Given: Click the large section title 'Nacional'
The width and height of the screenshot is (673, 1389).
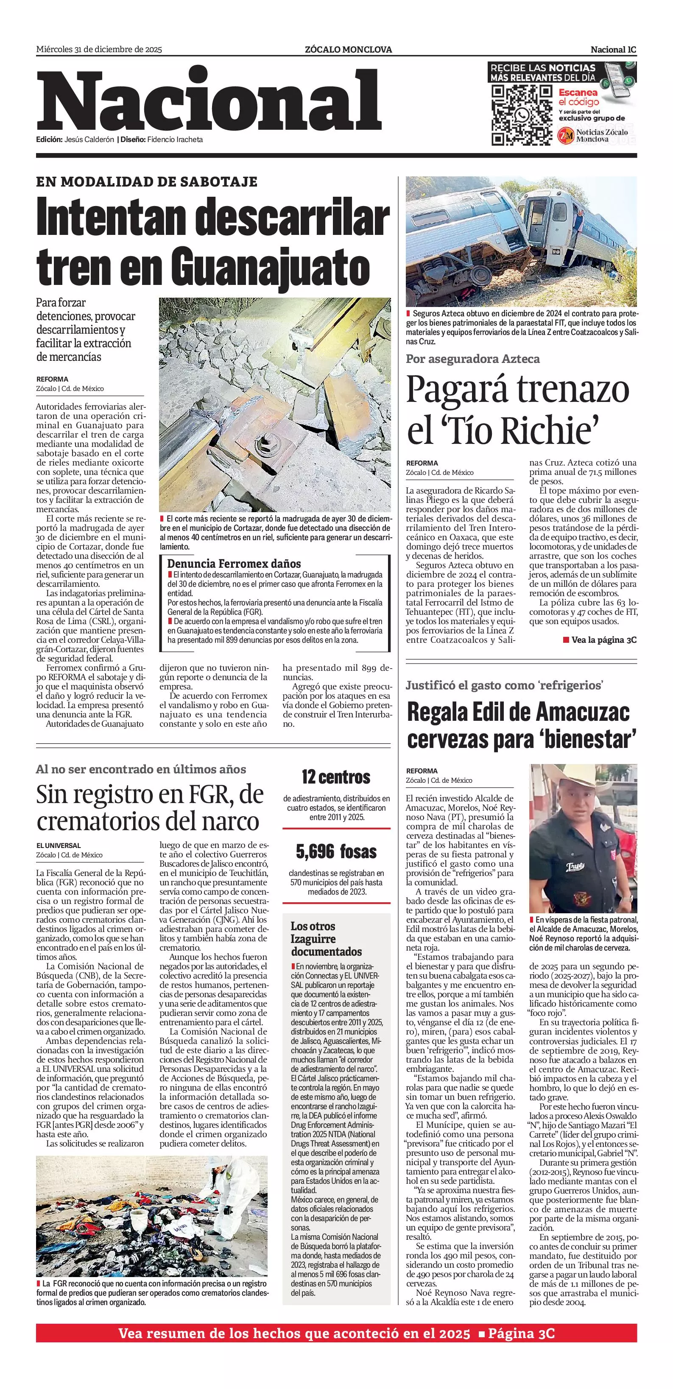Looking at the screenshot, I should (x=209, y=101).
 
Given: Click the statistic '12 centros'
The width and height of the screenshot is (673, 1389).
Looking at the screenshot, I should (x=336, y=777).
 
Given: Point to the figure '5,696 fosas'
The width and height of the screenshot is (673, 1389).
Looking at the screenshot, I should (x=336, y=852).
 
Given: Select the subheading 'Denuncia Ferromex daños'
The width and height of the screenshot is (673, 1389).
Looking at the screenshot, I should (x=234, y=563).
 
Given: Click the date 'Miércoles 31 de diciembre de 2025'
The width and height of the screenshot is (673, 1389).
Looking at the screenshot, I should (x=99, y=50).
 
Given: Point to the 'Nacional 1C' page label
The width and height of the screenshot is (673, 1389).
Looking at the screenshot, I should (x=613, y=50).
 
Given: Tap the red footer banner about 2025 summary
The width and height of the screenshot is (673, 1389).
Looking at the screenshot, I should (x=336, y=1334).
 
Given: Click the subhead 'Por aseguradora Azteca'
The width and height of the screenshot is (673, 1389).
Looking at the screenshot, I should (x=472, y=359).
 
